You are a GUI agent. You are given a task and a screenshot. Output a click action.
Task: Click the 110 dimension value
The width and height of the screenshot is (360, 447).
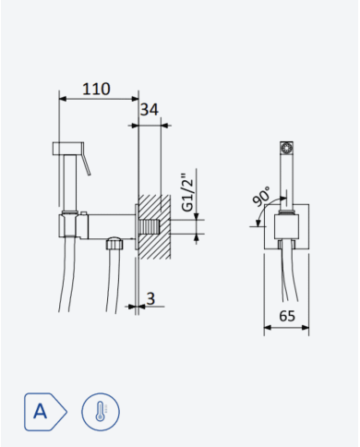point(96,89)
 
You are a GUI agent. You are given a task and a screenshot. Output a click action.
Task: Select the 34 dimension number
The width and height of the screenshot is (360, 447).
point(150,110)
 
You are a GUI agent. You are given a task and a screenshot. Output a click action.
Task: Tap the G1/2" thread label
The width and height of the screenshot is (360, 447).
point(187,193)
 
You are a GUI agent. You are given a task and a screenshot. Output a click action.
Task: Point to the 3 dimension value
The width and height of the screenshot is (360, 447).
point(150,298)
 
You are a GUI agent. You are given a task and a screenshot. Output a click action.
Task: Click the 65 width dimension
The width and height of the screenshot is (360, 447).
point(287,316)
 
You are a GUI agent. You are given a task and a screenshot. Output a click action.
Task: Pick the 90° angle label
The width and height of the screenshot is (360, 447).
point(261,196)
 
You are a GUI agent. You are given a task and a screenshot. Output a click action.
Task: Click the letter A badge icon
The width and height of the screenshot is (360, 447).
point(45,412)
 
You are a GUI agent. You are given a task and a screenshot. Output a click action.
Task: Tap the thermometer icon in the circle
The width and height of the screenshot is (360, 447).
point(101,412)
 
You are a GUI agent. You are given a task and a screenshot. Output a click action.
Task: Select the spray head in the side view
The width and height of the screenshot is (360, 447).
point(67,148)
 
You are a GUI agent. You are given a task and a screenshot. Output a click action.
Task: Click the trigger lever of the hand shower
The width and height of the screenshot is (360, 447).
point(86,160)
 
